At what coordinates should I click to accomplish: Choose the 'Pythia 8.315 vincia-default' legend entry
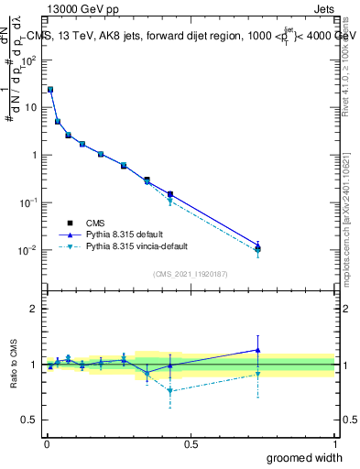tap(136, 247)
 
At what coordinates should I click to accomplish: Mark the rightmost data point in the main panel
tap(258, 247)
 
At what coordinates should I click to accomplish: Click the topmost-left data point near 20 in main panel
tap(50, 90)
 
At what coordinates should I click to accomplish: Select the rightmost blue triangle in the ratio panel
tap(258, 350)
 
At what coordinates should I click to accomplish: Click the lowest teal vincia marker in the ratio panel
tap(170, 391)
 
